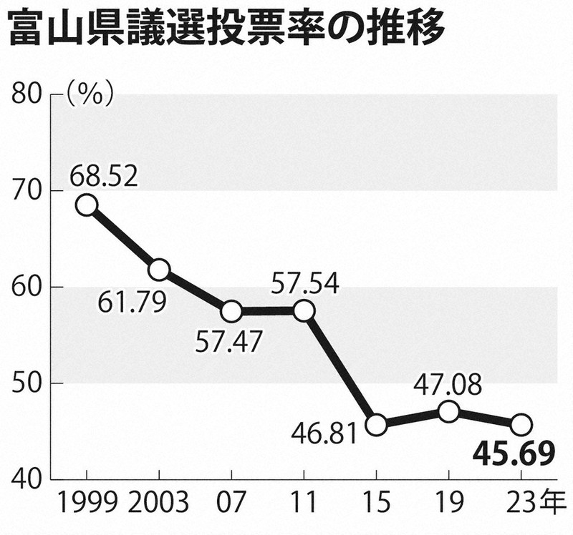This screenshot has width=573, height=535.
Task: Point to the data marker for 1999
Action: click(x=86, y=205)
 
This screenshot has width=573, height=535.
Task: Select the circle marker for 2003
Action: click(x=159, y=270)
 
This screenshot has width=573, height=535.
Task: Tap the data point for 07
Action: click(x=231, y=312)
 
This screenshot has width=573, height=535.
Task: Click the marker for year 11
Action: click(x=304, y=311)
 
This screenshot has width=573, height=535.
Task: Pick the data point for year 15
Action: click(x=376, y=425)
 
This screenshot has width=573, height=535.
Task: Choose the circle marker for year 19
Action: click(x=448, y=412)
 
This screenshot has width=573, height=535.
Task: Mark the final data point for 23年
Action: click(x=521, y=425)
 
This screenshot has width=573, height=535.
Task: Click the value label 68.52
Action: click(x=104, y=177)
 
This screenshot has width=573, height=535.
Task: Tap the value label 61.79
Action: click(x=132, y=303)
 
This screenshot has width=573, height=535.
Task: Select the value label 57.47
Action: click(x=228, y=342)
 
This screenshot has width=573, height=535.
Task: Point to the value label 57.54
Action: click(x=305, y=283)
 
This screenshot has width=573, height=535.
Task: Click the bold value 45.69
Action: click(x=514, y=455)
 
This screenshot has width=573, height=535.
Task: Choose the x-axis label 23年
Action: click(x=534, y=502)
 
